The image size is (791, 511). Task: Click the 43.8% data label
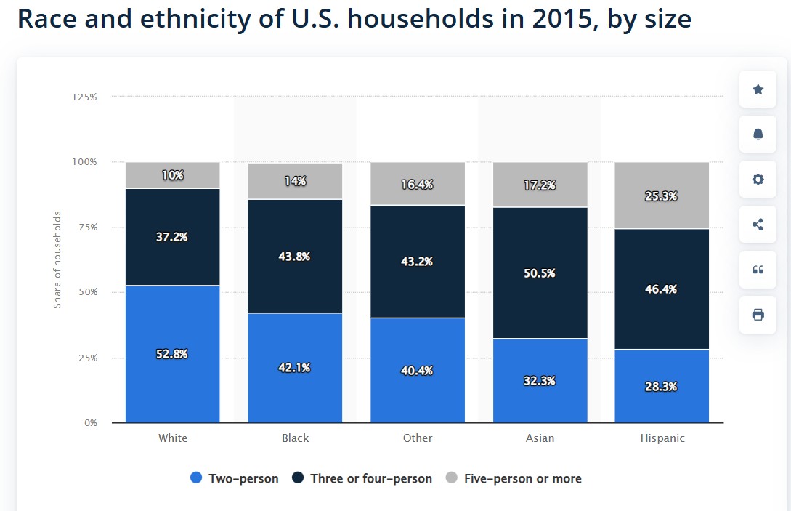pyautogui.click(x=295, y=257)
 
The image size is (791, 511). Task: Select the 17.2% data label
pyautogui.click(x=540, y=185)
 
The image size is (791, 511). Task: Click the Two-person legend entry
pyautogui.click(x=234, y=478)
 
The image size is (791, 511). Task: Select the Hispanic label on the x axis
pyautogui.click(x=662, y=438)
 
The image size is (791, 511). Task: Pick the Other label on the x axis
pyautogui.click(x=418, y=438)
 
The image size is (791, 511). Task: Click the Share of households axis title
pyautogui.click(x=57, y=259)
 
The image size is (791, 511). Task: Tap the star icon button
pyautogui.click(x=758, y=89)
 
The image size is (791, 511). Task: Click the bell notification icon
pyautogui.click(x=758, y=134)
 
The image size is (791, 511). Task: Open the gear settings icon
pyautogui.click(x=758, y=180)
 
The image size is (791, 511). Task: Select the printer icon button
pyautogui.click(x=758, y=315)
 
